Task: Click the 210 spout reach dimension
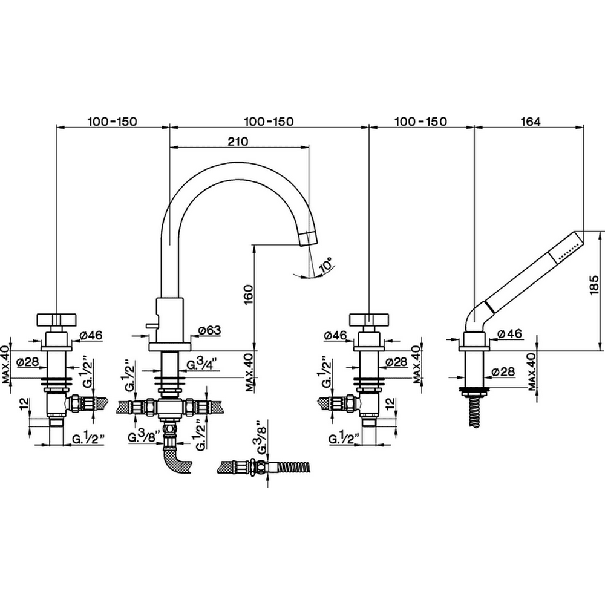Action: (238, 142)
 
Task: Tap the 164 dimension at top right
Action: (531, 121)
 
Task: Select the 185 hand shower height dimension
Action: (594, 286)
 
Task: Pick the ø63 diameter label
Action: (209, 330)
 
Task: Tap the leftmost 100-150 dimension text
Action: (112, 121)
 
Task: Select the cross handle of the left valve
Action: (57, 320)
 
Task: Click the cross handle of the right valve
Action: (369, 320)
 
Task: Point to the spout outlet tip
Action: (309, 238)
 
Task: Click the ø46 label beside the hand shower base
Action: (509, 333)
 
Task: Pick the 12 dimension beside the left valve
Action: (24, 403)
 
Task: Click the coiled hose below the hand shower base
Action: (474, 410)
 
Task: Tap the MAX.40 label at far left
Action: (6, 364)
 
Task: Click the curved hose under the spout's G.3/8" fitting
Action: (175, 462)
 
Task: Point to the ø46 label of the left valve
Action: (91, 335)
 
